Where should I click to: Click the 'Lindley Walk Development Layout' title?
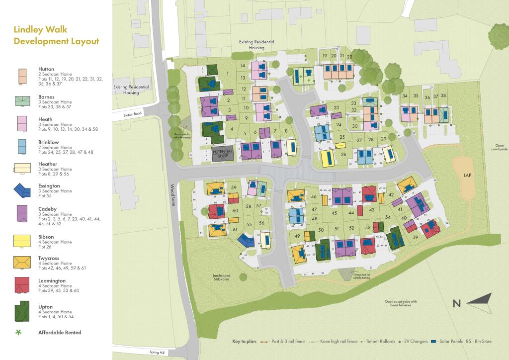click(x=56, y=36)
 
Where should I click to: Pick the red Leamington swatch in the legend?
click(x=22, y=284)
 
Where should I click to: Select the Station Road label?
click(x=135, y=114)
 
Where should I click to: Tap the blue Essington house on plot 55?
click(x=246, y=241)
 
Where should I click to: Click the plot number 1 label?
click(x=227, y=74)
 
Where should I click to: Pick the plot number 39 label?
click(x=415, y=237)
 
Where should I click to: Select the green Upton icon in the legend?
click(x=22, y=311)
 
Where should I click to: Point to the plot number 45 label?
click(x=335, y=213)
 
